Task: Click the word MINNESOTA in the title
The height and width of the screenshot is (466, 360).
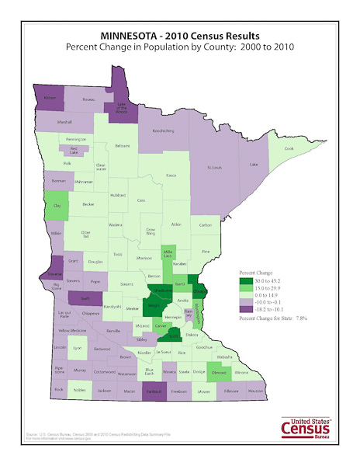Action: tap(131, 35)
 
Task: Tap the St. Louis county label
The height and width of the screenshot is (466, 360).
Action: tap(214, 167)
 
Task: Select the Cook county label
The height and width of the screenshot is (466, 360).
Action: tap(289, 148)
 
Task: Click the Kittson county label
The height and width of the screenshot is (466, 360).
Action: tap(50, 99)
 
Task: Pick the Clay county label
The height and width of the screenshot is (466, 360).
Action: tap(55, 206)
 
